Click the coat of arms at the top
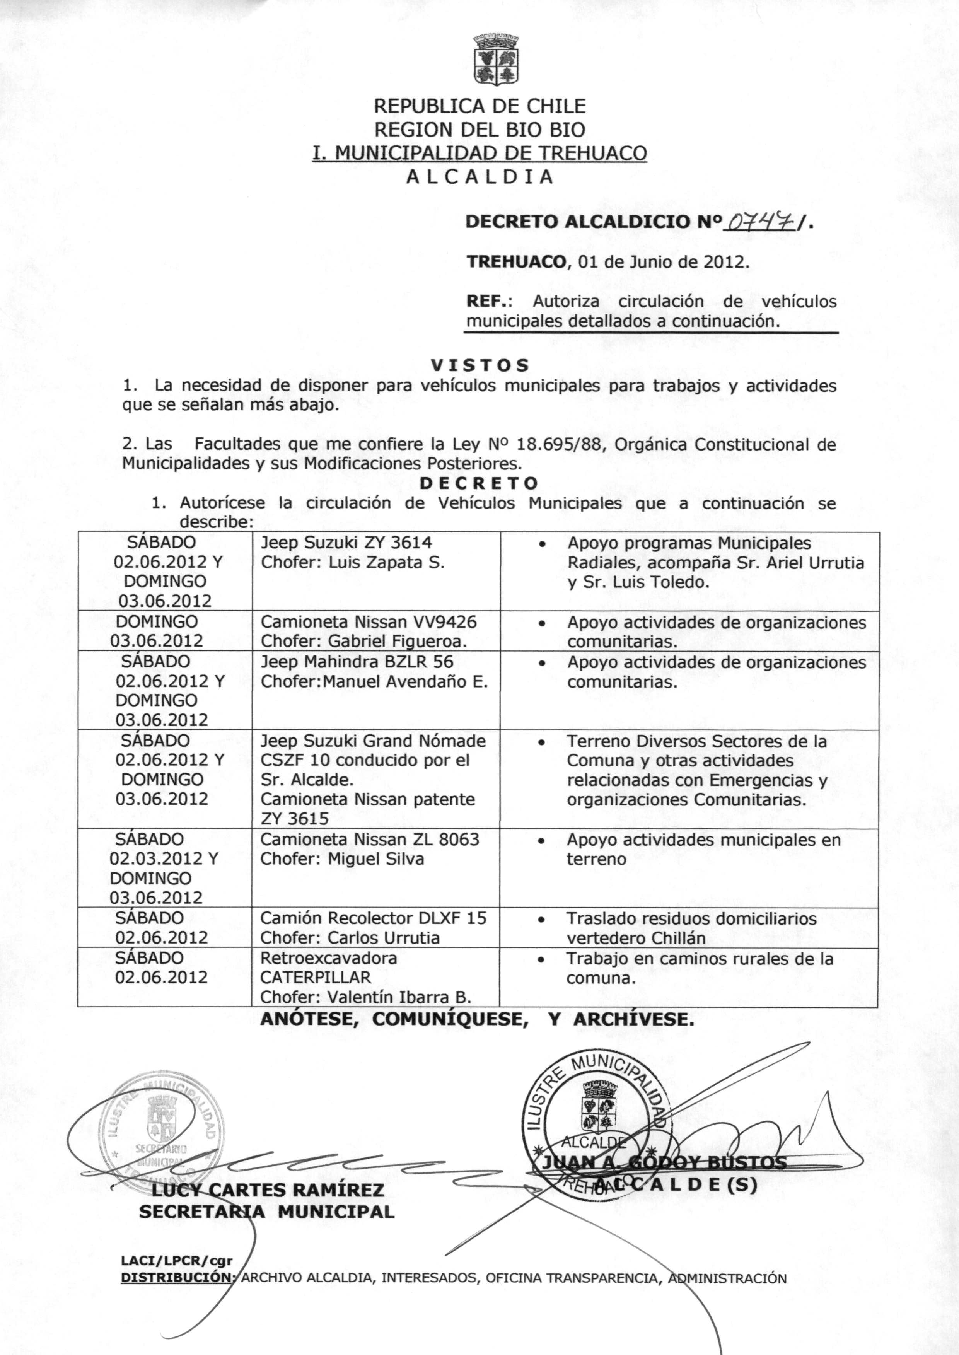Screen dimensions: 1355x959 [x=496, y=59]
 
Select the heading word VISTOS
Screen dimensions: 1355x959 [x=479, y=365]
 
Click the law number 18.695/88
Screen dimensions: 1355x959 [x=561, y=444]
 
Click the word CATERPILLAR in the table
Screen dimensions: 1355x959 [x=316, y=977]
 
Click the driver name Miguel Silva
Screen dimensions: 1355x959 [x=376, y=858]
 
